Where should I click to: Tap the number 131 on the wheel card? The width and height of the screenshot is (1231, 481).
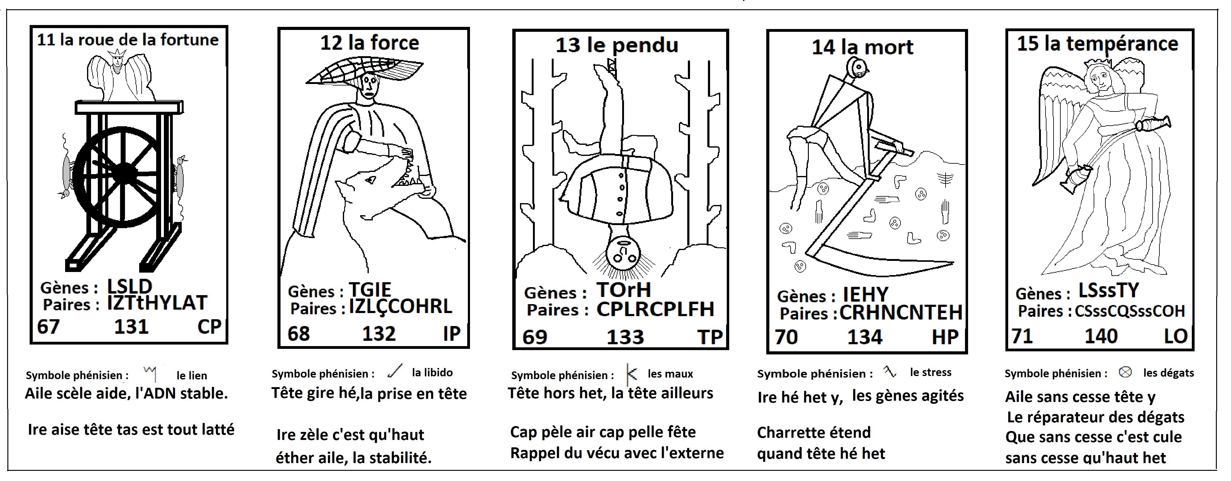[x=131, y=327]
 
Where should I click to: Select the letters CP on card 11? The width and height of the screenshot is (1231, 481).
[x=209, y=327]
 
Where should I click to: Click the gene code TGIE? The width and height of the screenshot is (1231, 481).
[x=370, y=290]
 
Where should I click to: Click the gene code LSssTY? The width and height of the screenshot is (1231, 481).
[x=1109, y=290]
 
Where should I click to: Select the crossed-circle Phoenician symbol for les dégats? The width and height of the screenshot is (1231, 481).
[x=1125, y=372]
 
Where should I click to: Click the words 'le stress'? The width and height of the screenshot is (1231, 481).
[x=930, y=372]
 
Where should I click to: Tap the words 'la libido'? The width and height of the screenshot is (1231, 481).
[x=432, y=372]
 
